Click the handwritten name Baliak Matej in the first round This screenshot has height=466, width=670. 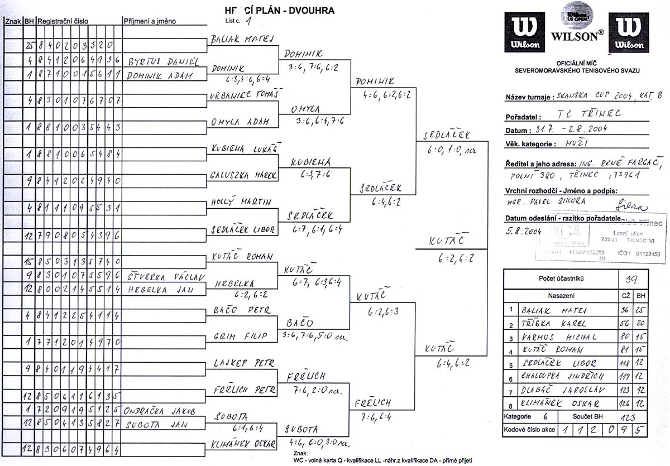241,40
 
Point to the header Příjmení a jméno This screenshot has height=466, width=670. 150,21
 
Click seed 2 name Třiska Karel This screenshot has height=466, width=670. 553,324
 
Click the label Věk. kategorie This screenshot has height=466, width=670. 529,144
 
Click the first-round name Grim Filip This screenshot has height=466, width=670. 241,337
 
